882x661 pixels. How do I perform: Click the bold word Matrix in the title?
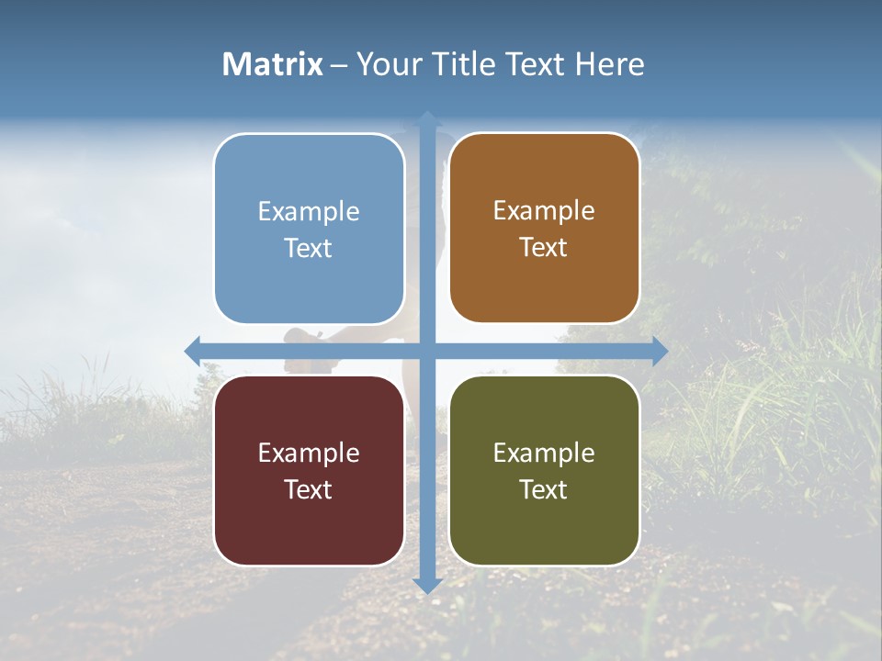[273, 64]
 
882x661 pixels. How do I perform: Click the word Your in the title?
[387, 64]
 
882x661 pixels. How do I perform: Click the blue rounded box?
[309, 285]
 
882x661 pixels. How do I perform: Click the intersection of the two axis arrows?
[427, 351]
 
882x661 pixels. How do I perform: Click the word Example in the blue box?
[309, 211]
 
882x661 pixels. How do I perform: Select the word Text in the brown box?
[544, 248]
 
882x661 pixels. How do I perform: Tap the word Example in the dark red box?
[309, 453]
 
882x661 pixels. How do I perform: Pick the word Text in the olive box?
[544, 489]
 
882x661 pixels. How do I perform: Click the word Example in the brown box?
[544, 210]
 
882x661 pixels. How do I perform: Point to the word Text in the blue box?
[309, 249]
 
